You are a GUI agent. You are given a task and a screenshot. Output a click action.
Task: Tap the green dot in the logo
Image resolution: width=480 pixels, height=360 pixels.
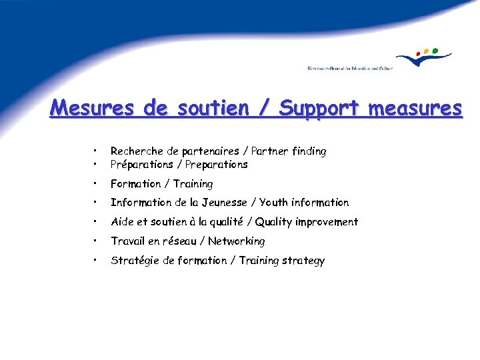point(435,49)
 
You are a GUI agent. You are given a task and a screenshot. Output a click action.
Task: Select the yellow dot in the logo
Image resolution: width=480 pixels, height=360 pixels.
point(427,50)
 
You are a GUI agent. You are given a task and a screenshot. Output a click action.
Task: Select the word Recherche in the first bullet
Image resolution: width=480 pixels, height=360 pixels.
point(135,151)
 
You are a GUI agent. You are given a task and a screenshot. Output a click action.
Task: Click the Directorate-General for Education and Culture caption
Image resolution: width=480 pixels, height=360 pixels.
point(349,68)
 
